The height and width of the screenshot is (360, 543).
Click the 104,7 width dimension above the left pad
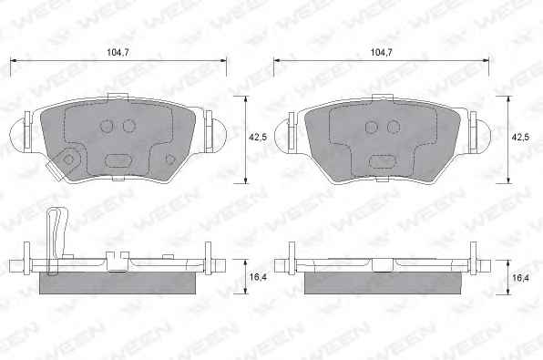pyautogui.click(x=118, y=53)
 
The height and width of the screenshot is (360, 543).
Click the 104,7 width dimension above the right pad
pyautogui.click(x=381, y=53)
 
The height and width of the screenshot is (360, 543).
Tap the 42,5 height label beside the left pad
pyautogui.click(x=258, y=138)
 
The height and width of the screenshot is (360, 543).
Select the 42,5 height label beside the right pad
pyautogui.click(x=520, y=138)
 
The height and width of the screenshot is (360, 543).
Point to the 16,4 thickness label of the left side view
pyautogui.click(x=258, y=277)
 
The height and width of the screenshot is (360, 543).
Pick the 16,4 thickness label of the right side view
pyautogui.click(x=520, y=277)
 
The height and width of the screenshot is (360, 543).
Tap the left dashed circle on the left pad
pyautogui.click(x=107, y=126)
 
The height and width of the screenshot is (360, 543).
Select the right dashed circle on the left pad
pyautogui.click(x=128, y=126)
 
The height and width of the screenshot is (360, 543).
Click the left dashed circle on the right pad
pyautogui.click(x=372, y=128)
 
